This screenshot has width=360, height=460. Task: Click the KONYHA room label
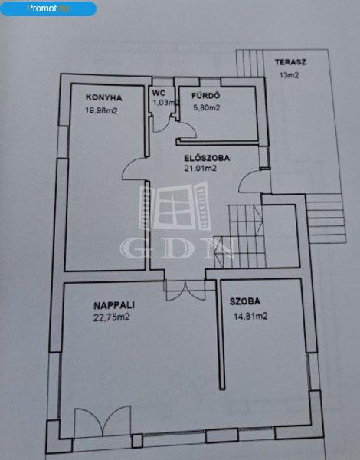(x=103, y=97)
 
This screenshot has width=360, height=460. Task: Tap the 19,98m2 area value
(x=101, y=110)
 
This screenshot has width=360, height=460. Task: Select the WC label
(x=159, y=93)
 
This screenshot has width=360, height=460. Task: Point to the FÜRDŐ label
(x=206, y=95)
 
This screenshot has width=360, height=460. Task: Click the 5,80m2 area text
(x=206, y=107)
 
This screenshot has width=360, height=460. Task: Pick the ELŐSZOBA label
(x=207, y=158)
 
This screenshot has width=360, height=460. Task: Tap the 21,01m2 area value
(x=200, y=169)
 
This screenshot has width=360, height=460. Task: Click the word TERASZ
(x=290, y=62)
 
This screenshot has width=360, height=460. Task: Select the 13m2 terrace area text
(x=289, y=75)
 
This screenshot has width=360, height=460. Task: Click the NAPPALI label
(x=114, y=305)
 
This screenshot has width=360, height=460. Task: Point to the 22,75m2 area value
(x=111, y=317)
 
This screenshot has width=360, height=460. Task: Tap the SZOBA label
(x=245, y=301)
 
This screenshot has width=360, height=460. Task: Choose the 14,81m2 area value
(x=250, y=316)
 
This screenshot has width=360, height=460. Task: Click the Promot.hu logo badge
(x=48, y=8)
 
